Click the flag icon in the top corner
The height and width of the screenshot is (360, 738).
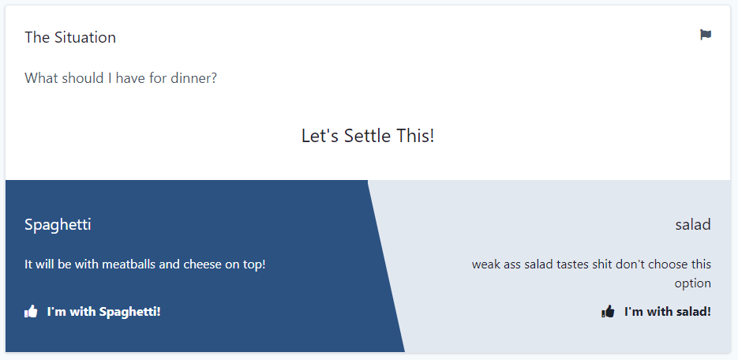pyautogui.click(x=706, y=35)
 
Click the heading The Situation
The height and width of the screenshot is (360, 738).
pyautogui.click(x=70, y=37)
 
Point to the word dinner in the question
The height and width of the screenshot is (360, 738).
pyautogui.click(x=193, y=78)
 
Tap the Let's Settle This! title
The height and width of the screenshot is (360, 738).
pyautogui.click(x=368, y=136)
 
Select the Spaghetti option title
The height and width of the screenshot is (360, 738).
pyautogui.click(x=58, y=225)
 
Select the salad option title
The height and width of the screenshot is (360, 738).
pyautogui.click(x=693, y=225)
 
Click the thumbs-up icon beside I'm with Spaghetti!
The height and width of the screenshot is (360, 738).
pyautogui.click(x=32, y=312)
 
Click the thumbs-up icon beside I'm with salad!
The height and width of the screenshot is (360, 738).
pyautogui.click(x=608, y=312)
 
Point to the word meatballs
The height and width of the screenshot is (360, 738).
pyautogui.click(x=129, y=264)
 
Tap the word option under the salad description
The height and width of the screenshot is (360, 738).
pyautogui.click(x=693, y=283)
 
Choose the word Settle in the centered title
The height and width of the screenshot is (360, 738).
pyautogui.click(x=369, y=136)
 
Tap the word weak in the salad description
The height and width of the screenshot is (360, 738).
pyautogui.click(x=486, y=264)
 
